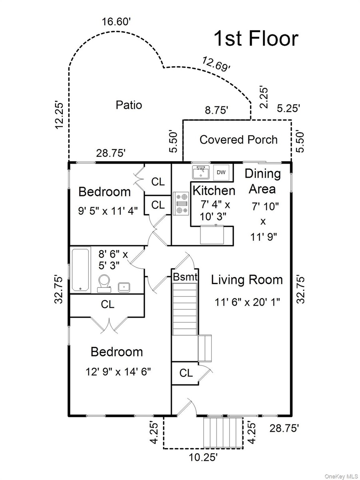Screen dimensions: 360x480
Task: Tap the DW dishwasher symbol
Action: click(221, 172)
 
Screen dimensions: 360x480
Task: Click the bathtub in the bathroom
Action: click(80, 270)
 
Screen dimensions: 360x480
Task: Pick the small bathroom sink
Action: click(124, 287)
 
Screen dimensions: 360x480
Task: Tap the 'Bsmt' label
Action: click(185, 277)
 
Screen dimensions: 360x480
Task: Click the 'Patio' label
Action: click(129, 105)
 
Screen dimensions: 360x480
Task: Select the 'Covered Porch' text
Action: click(238, 140)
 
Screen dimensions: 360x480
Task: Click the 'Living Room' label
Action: click(247, 280)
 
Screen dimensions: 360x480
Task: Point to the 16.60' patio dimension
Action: click(116, 22)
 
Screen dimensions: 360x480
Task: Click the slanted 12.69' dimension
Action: click(216, 64)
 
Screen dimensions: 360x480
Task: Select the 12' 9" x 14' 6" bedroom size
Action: click(118, 371)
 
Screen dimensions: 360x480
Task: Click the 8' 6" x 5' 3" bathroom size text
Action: click(113, 260)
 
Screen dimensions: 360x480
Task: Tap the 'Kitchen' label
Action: click(214, 190)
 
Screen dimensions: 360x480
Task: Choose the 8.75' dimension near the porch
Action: click(217, 110)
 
